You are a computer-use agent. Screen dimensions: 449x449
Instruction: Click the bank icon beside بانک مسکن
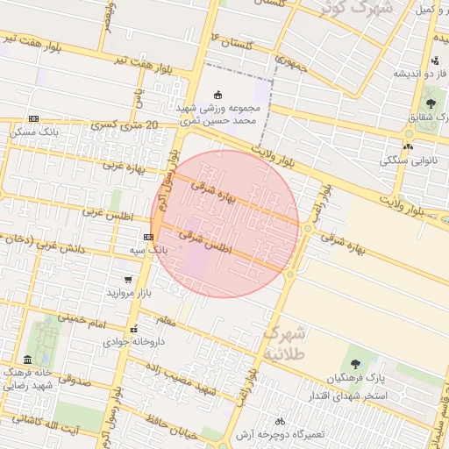click(33, 119)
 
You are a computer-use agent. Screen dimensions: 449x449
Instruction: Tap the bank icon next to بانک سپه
click(147, 237)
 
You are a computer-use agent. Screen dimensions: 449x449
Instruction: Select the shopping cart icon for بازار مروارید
click(128, 279)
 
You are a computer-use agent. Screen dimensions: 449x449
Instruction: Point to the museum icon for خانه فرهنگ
click(28, 360)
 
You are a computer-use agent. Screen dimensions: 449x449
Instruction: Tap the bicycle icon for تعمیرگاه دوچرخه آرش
click(280, 422)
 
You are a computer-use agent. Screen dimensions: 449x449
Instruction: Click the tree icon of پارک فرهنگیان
click(355, 364)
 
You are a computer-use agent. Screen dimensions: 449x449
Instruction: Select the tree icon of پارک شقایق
click(429, 104)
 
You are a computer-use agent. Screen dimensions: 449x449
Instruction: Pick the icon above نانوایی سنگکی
click(409, 146)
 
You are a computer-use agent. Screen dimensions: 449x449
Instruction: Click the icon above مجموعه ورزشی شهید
click(218, 95)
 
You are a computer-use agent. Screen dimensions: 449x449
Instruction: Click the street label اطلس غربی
click(105, 211)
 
